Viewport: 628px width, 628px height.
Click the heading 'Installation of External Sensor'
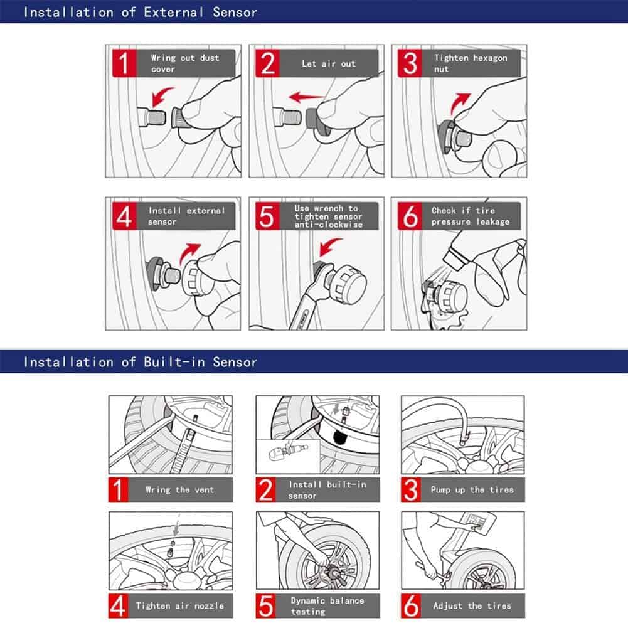140,12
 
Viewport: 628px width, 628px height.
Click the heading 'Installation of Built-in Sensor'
140,362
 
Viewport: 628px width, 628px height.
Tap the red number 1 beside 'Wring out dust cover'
124,63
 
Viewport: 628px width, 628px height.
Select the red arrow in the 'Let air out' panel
306,97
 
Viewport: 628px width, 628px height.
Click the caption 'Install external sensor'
186,216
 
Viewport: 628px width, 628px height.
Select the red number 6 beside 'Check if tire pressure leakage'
410,216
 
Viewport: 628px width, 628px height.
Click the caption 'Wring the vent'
179,490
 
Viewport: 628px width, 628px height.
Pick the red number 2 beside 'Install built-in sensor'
267,490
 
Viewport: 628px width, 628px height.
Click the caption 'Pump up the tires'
472,490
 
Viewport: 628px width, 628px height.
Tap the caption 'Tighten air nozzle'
179,606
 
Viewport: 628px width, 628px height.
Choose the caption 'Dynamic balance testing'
326,606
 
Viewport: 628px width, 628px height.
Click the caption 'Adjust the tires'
472,606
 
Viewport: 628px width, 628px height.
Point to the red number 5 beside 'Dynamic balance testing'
267,606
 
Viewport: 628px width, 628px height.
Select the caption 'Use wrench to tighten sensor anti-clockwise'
328,216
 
